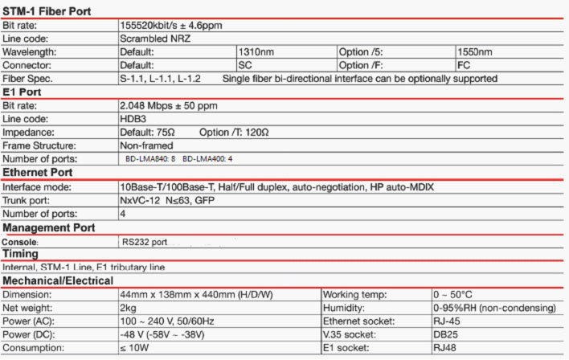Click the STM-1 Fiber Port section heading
click(x=47, y=11)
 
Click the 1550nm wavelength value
click(x=474, y=52)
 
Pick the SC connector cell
click(x=248, y=65)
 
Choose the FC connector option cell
click(x=464, y=65)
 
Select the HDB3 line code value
click(x=133, y=118)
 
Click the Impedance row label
click(x=29, y=132)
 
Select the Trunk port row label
click(x=27, y=200)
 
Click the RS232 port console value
click(x=145, y=241)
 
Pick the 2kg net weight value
click(x=129, y=308)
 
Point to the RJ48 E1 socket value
click(x=444, y=349)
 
